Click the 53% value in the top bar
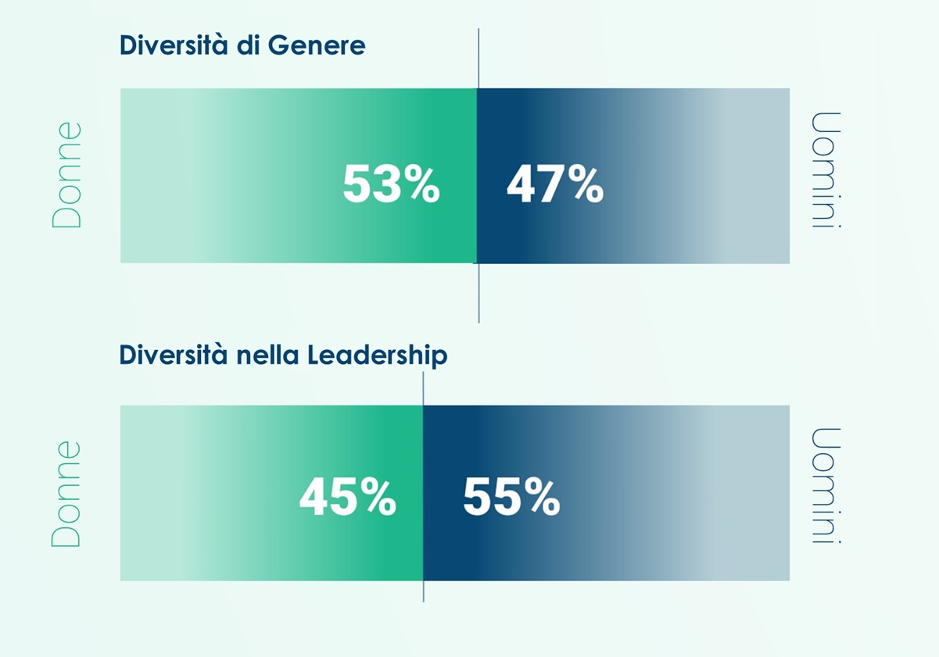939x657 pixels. (391, 185)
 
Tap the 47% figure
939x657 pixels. (555, 185)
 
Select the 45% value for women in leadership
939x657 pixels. (348, 497)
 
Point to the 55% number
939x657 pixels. (511, 497)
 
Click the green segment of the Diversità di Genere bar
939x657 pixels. (235, 141)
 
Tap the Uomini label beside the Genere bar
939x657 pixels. (826, 170)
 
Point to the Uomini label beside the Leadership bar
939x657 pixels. (826, 486)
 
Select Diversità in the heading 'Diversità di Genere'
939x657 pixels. (174, 45)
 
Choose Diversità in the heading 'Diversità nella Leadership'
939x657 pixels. (174, 355)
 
